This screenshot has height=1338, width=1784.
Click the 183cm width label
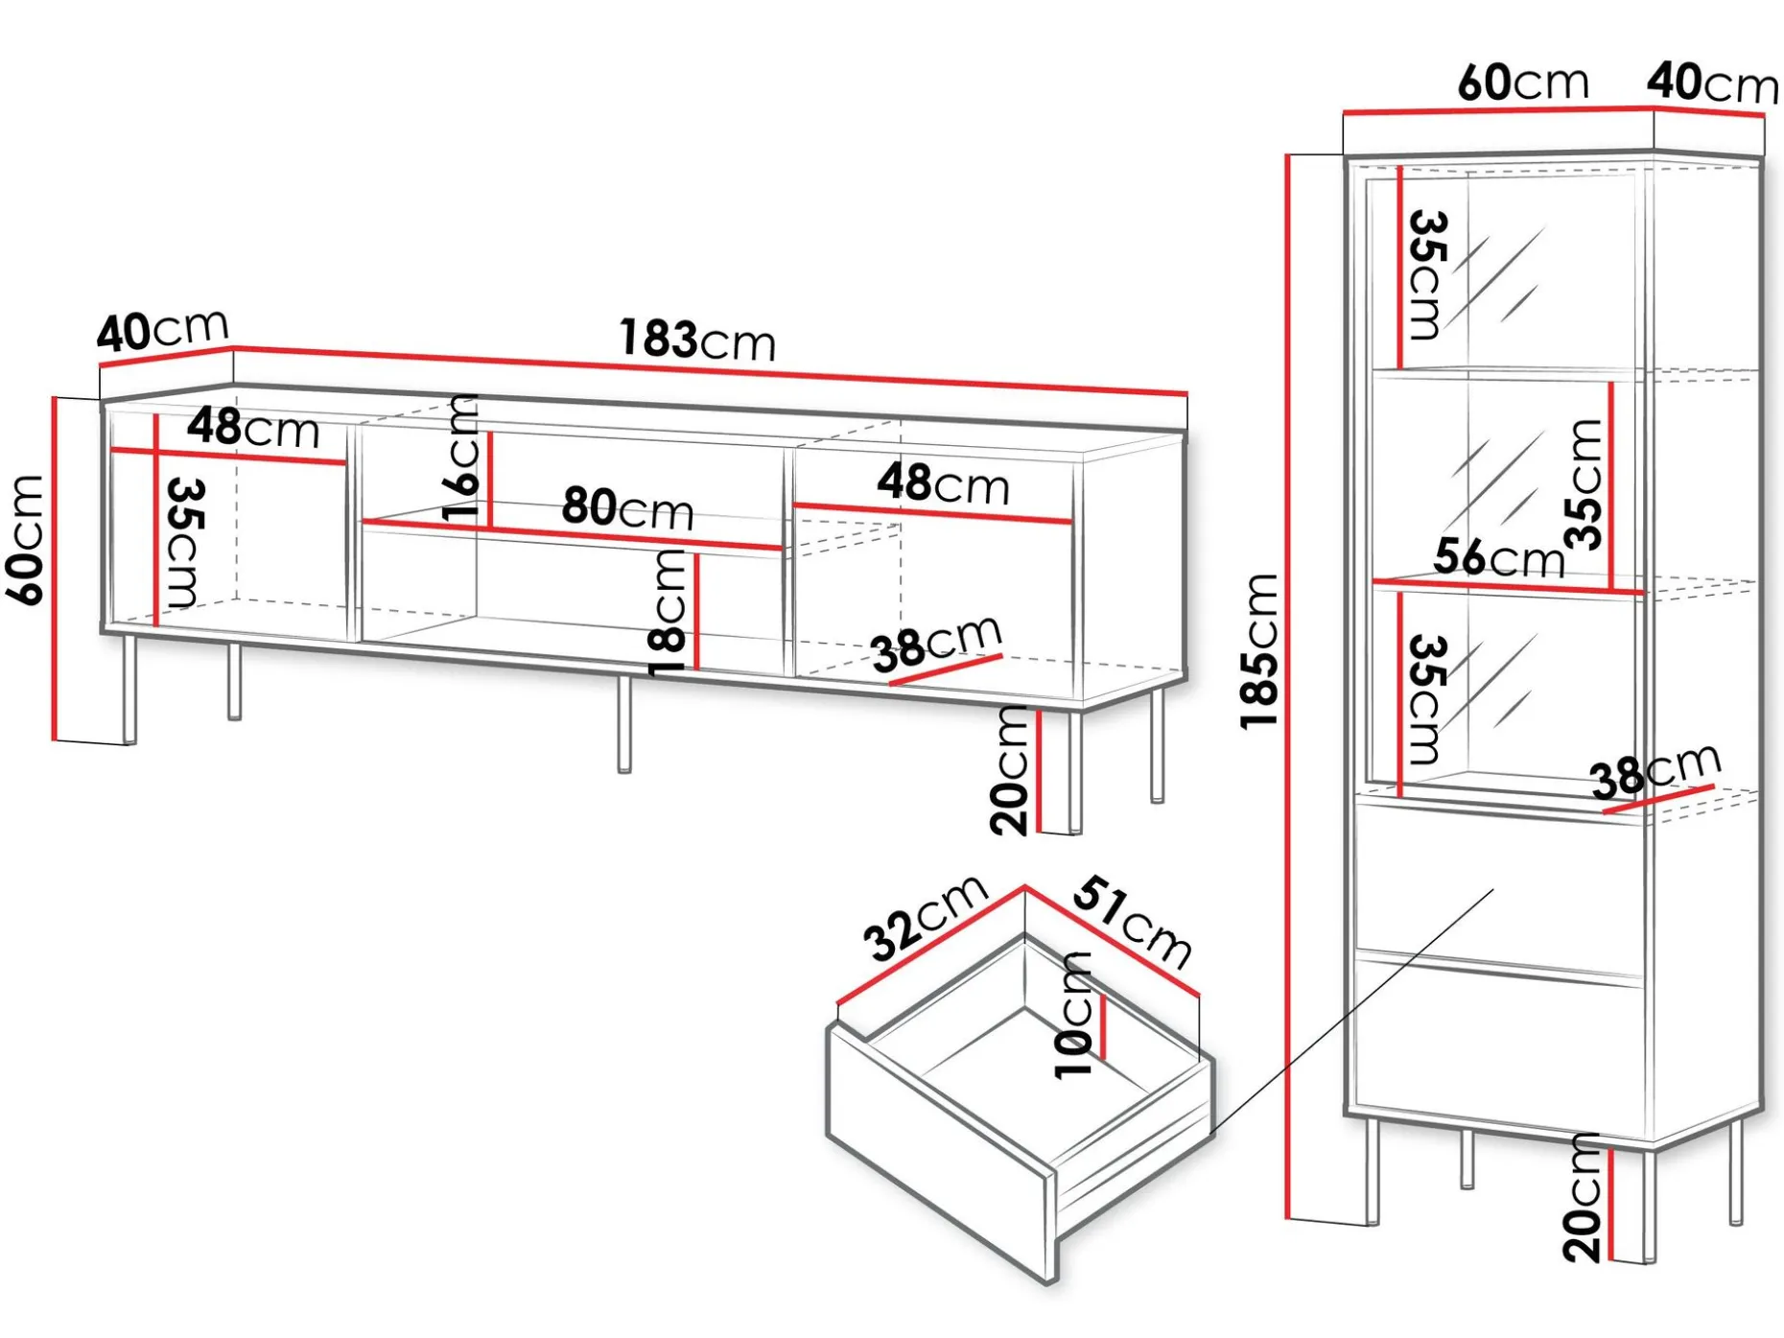[x=697, y=340]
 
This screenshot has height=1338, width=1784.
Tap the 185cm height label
[x=1259, y=651]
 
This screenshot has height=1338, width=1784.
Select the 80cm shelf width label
[x=627, y=507]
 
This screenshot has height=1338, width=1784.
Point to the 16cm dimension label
[x=462, y=458]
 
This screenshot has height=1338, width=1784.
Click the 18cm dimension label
[x=669, y=614]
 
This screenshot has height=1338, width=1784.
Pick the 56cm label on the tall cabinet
[x=1498, y=556]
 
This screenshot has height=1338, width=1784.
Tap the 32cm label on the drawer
[x=926, y=917]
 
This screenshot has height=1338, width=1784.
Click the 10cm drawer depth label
[x=1074, y=1016]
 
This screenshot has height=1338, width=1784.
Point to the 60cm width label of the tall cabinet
[x=1523, y=82]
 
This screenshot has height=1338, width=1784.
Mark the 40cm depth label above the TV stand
[x=163, y=331]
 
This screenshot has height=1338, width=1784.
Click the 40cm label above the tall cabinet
[x=1713, y=82]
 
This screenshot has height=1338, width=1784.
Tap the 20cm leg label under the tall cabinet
[x=1583, y=1197]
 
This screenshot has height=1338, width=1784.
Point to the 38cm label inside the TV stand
[x=937, y=644]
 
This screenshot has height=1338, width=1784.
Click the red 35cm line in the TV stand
[x=155, y=520]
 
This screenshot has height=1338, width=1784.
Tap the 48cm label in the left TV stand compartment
[x=253, y=428]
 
